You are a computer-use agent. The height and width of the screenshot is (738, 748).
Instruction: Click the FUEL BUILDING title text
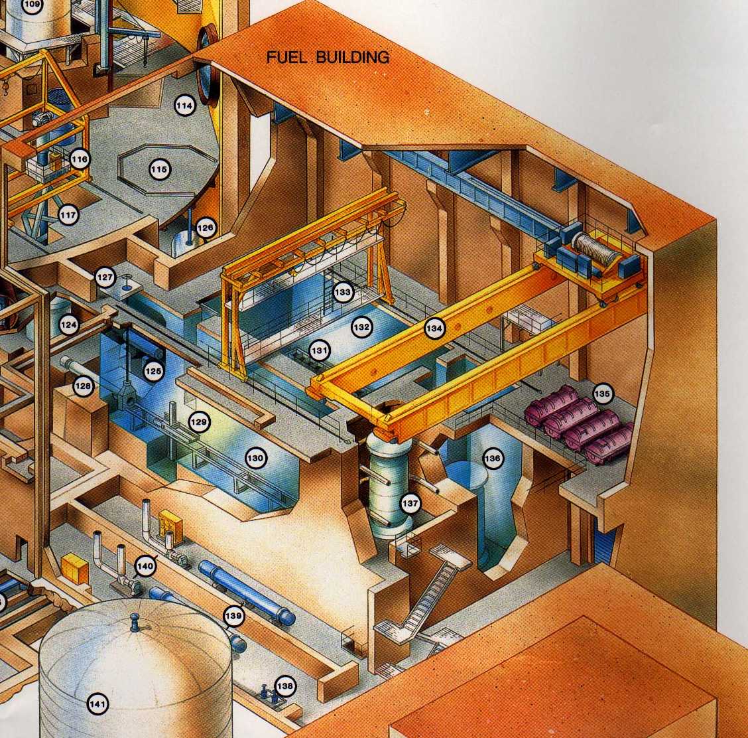click(328, 57)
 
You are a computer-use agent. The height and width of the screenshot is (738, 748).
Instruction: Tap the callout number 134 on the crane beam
click(434, 329)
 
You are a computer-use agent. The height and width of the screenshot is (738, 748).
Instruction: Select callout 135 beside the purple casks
click(602, 394)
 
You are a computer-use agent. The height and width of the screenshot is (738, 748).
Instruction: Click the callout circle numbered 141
click(98, 704)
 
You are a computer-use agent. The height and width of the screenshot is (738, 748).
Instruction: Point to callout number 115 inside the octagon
click(159, 169)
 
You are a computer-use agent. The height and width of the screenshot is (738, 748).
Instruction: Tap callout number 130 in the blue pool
click(256, 459)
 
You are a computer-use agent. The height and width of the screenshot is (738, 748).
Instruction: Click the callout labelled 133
click(343, 291)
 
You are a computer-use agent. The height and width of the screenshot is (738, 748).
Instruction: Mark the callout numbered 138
click(285, 686)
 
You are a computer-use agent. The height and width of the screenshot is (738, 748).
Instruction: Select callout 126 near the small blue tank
click(206, 228)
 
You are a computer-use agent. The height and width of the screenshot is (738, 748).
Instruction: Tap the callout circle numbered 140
click(145, 566)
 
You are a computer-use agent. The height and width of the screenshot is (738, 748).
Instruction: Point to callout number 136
click(492, 459)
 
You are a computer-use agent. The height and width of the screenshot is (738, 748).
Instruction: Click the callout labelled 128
click(84, 386)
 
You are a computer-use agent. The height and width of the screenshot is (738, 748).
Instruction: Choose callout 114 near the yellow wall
click(185, 106)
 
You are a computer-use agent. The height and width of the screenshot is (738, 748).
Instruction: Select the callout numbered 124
click(69, 325)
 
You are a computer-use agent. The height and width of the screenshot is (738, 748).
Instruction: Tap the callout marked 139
click(233, 616)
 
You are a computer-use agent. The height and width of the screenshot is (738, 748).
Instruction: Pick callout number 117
click(68, 215)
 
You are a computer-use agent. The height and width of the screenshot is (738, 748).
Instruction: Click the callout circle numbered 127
click(105, 277)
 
